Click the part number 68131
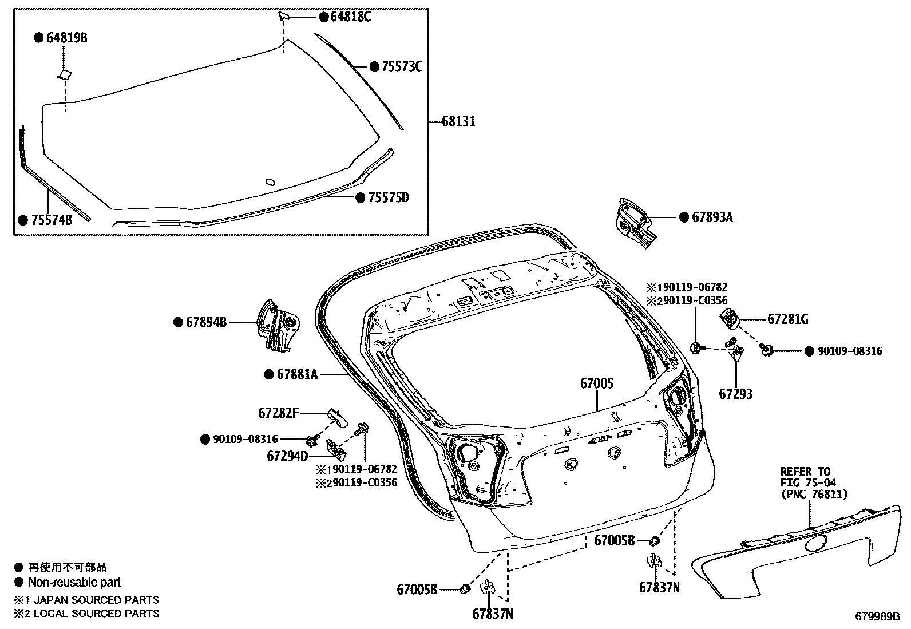point(458,121)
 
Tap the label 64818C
point(351,17)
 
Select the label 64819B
point(67,38)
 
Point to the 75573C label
point(402,67)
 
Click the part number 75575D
point(389,197)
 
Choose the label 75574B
point(52,220)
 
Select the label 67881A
point(297,374)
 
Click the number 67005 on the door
point(597,383)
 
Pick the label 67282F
point(278,412)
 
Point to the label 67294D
point(287,456)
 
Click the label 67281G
point(787,319)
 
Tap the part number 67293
point(735,394)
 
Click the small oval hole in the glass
point(270,182)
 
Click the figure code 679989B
point(877,616)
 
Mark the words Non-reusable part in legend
point(74,583)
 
